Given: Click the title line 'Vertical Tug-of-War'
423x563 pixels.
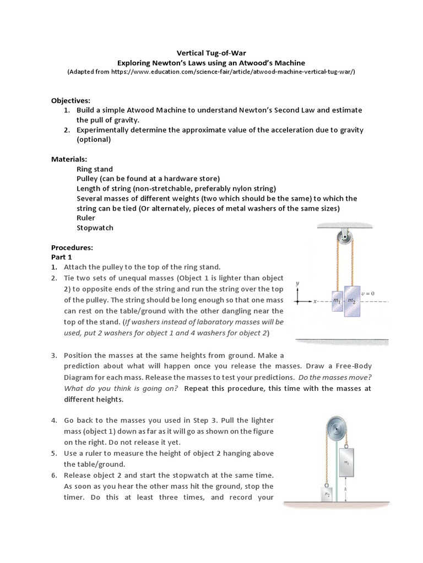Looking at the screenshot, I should tap(211, 53).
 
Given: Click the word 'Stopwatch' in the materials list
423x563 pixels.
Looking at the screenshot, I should tap(95, 228).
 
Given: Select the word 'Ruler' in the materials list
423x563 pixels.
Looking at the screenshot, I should tap(86, 218).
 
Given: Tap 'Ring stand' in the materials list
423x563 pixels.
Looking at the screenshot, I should tap(95, 169).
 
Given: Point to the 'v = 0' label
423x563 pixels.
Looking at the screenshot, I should tap(367, 294).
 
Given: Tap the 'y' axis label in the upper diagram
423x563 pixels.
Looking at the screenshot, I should tap(297, 283).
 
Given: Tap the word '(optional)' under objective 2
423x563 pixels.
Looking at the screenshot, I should tap(94, 139).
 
